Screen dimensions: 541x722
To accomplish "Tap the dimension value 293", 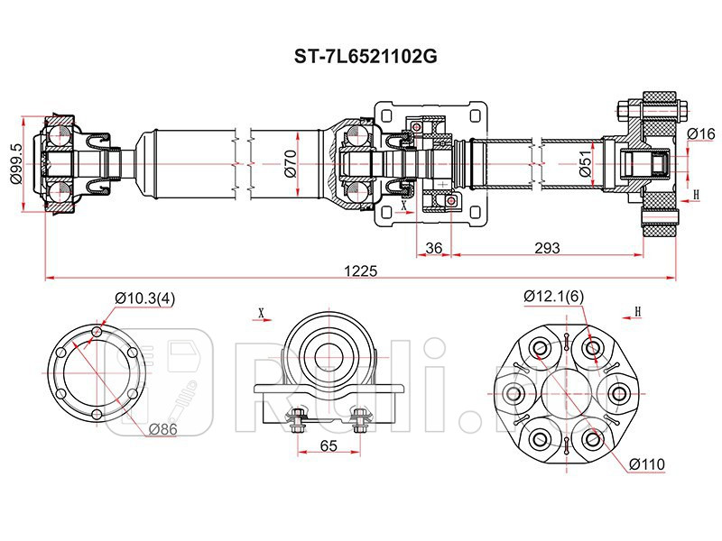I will (548, 247).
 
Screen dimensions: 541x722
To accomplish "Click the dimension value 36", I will (433, 247).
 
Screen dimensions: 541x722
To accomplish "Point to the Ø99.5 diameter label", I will (16, 164).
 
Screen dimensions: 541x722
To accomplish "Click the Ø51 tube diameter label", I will (586, 164).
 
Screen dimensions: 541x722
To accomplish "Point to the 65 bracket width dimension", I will (329, 445).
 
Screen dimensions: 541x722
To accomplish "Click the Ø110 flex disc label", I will (647, 464).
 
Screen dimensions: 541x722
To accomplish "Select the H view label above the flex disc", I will (637, 312).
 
